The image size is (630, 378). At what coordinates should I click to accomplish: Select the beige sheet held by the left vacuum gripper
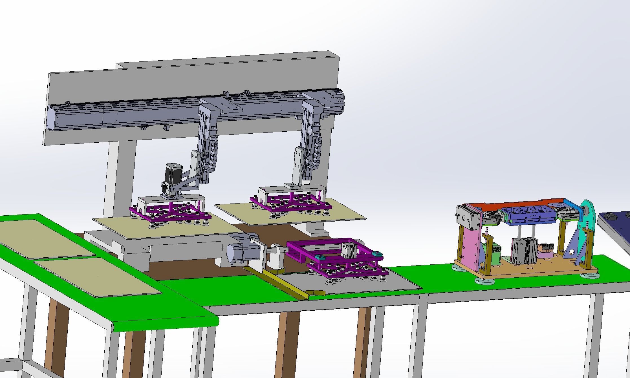[169, 227]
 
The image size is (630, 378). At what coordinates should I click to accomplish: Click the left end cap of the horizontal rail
[52, 118]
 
